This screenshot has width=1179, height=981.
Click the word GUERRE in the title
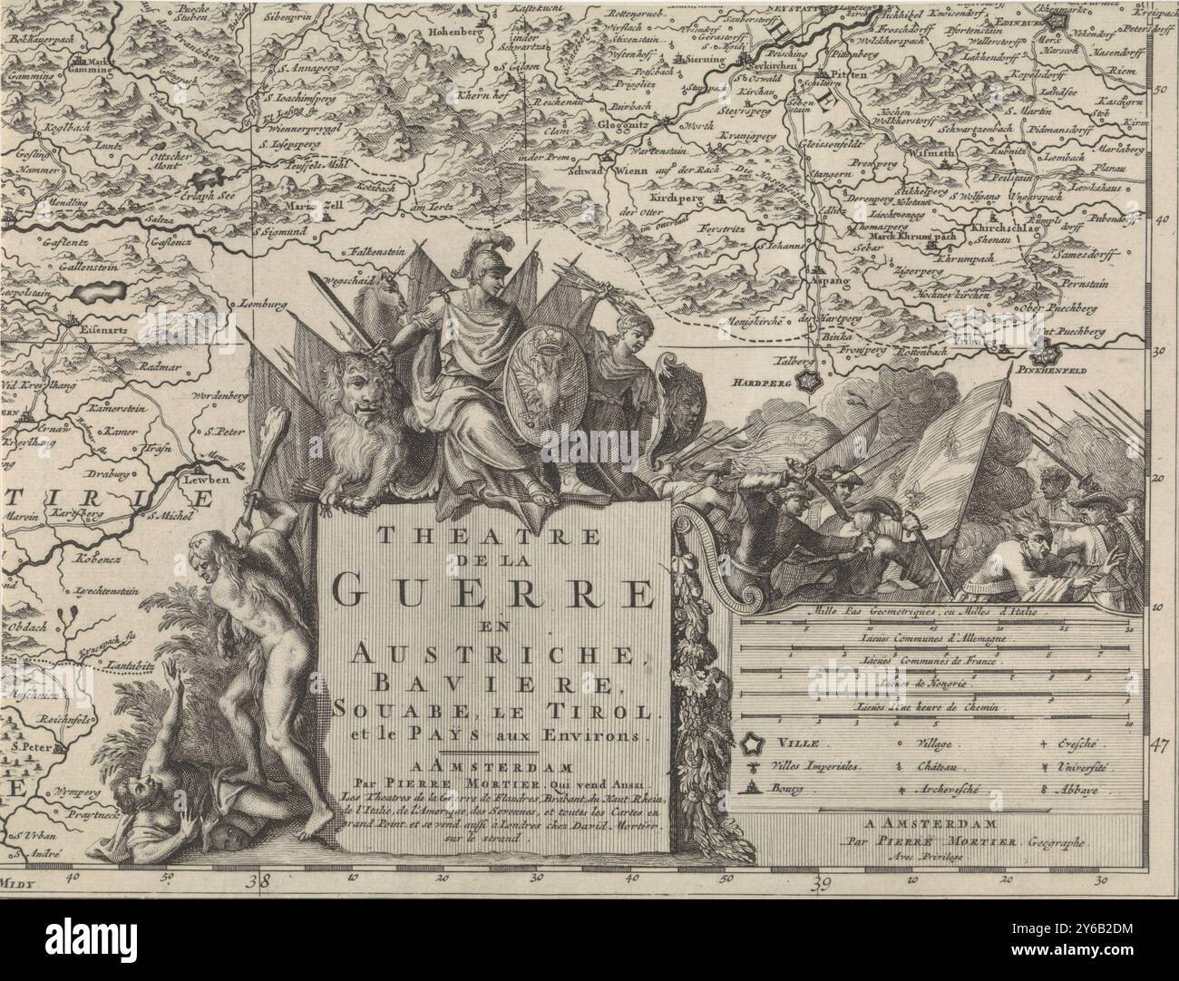493,594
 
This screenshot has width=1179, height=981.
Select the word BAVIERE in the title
493,682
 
